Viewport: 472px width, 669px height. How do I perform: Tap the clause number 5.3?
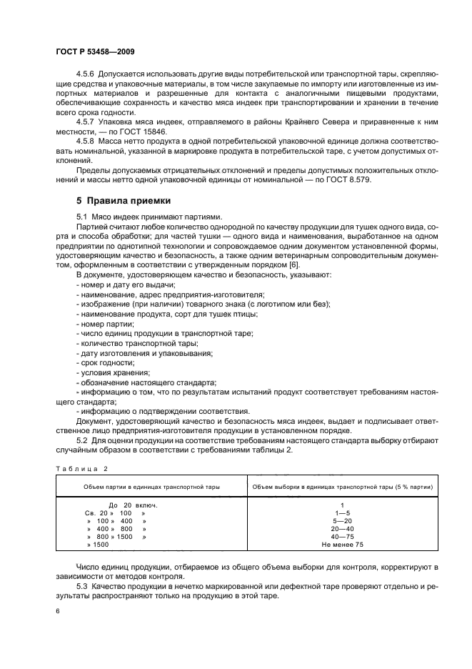[x=82, y=585]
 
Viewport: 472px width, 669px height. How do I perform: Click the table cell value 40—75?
[x=343, y=536]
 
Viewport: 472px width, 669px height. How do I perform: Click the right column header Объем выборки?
[x=343, y=486]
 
